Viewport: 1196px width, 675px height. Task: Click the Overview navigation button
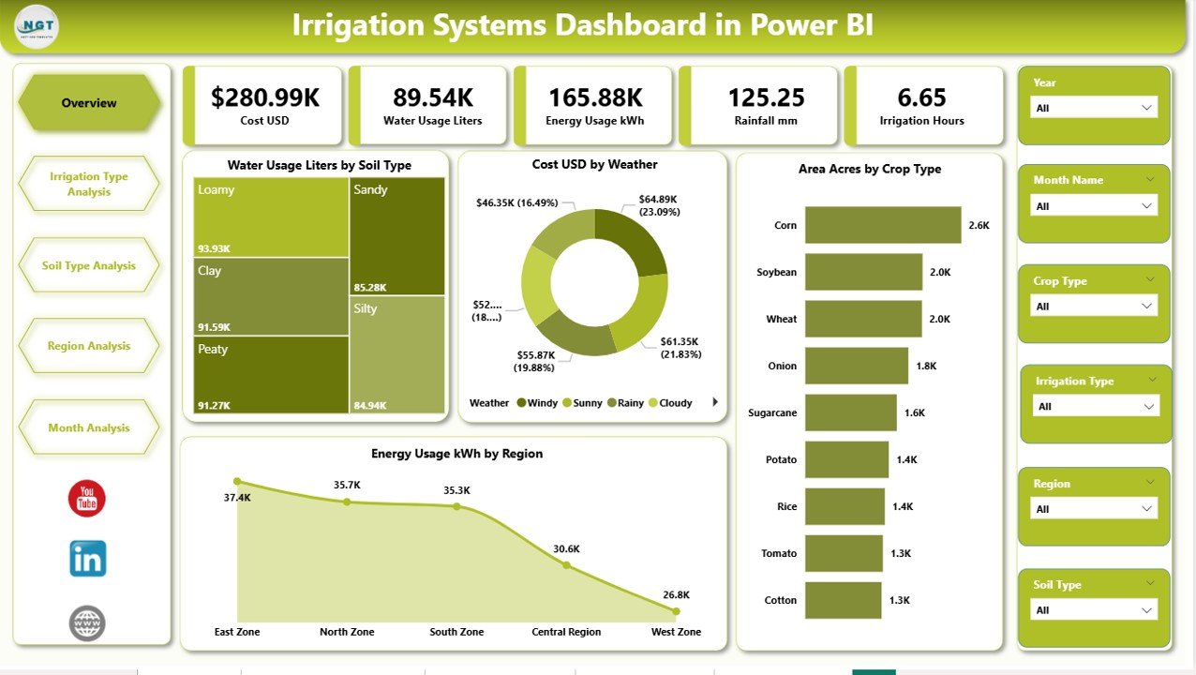point(89,103)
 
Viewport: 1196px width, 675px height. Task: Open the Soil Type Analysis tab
point(89,265)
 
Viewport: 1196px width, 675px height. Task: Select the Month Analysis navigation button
point(89,427)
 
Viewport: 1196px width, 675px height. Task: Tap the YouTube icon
point(87,498)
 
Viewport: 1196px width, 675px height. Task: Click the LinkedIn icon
point(88,559)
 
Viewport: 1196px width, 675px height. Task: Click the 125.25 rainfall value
point(767,97)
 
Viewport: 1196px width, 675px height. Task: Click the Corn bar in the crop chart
point(882,225)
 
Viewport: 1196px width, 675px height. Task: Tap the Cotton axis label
point(780,600)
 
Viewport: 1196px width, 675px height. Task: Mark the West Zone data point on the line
point(676,610)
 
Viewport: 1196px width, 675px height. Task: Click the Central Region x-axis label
point(566,632)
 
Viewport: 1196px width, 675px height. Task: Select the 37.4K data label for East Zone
point(238,498)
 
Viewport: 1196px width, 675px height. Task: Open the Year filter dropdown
point(1093,108)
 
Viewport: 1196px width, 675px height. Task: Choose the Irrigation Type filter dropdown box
point(1095,406)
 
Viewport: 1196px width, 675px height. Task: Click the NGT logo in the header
point(37,25)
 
